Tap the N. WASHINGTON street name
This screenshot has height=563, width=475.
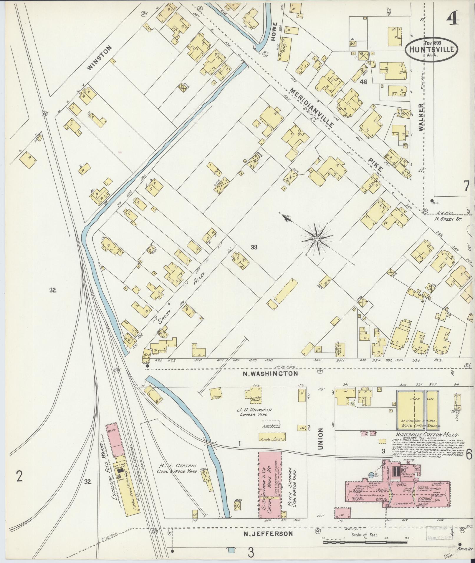(270, 373)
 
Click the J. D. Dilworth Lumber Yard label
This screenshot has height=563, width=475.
(255, 412)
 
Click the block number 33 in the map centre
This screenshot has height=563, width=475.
(254, 248)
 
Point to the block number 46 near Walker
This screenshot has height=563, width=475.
(363, 82)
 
